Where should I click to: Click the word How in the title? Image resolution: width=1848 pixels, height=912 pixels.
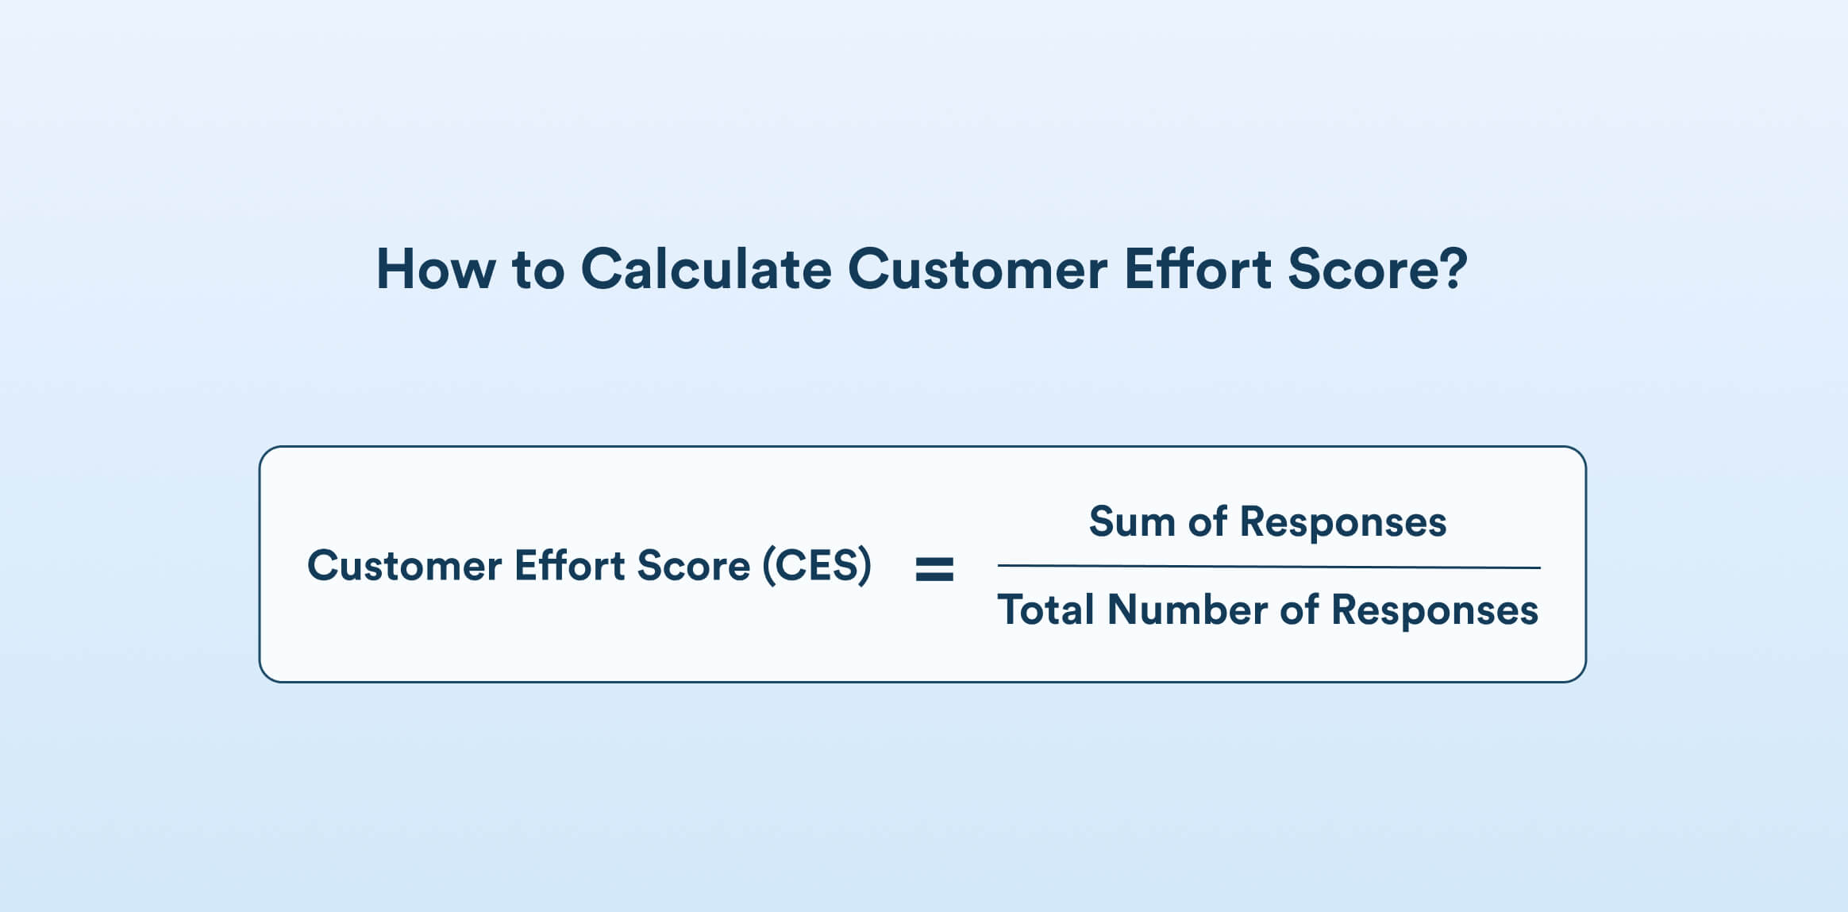pos(436,270)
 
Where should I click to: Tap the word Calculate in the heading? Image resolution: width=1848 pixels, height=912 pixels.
pos(706,270)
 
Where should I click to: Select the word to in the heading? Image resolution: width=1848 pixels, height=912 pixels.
pos(538,270)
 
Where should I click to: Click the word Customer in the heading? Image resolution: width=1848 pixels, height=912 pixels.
pos(977,270)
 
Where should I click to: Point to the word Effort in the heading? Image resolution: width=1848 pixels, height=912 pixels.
pos(1198,270)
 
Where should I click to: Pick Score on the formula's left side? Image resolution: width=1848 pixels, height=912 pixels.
pos(693,566)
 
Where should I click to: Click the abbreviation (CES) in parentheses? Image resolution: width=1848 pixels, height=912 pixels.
pos(817,566)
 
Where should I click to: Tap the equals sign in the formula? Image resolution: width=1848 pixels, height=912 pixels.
pos(934,568)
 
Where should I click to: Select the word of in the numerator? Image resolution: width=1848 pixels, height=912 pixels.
pos(1207,522)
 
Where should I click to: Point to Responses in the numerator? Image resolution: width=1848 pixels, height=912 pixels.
pos(1343,522)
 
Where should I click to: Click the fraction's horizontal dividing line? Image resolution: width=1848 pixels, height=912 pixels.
pos(1269,567)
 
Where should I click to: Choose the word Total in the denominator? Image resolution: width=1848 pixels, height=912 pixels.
pos(1045,610)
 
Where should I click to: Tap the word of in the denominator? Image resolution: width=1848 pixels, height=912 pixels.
pos(1299,610)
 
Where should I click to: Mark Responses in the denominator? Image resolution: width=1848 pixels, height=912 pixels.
pos(1434,610)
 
